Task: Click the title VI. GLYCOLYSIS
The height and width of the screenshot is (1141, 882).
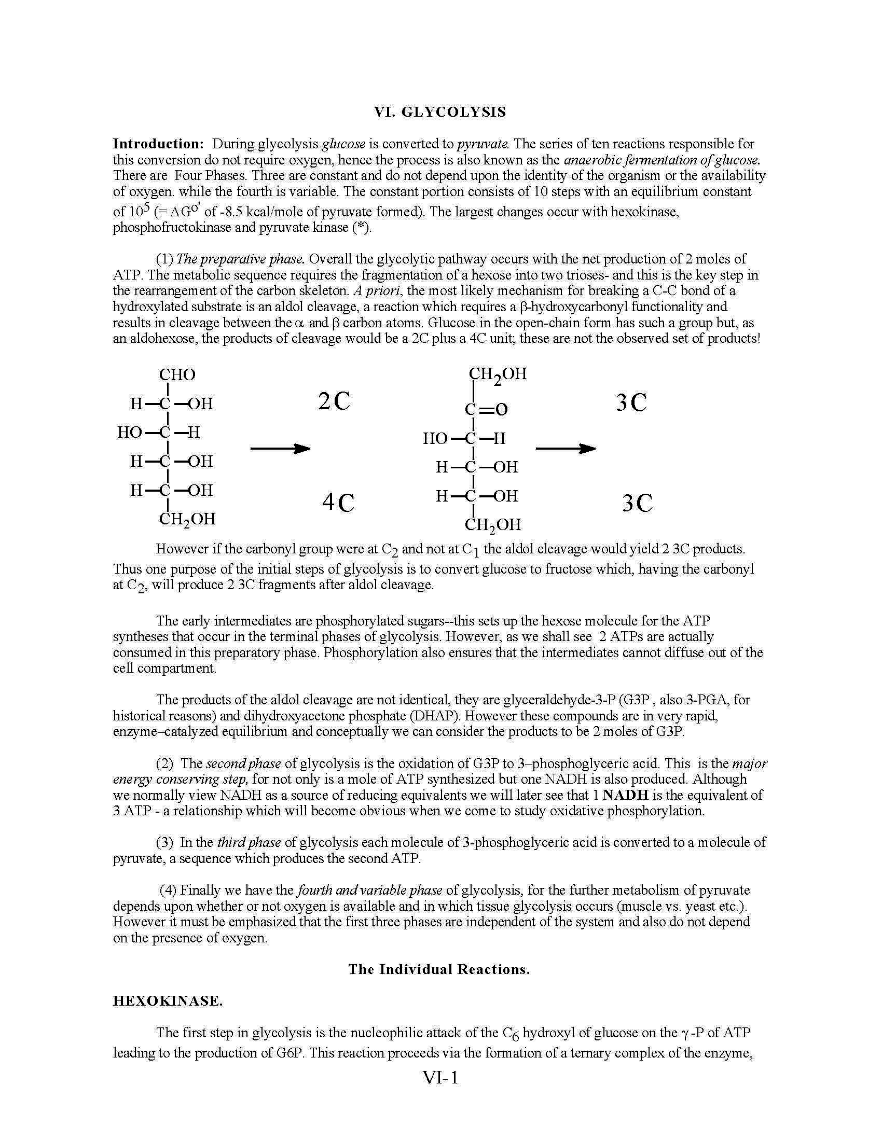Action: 440,112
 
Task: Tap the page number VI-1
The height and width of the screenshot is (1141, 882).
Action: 440,1078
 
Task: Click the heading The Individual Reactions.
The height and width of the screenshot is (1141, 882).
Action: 439,969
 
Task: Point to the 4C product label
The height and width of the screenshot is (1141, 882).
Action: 338,503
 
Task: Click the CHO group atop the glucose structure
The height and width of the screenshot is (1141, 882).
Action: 177,374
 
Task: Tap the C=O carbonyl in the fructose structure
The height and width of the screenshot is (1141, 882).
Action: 486,409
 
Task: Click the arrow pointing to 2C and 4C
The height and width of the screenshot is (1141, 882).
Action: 280,448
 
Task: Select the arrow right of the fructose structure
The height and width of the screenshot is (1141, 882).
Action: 566,448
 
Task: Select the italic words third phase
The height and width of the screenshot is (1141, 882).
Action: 249,842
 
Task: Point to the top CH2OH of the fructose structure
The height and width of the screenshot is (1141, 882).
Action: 498,374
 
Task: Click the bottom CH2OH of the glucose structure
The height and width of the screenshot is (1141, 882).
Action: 187,519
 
